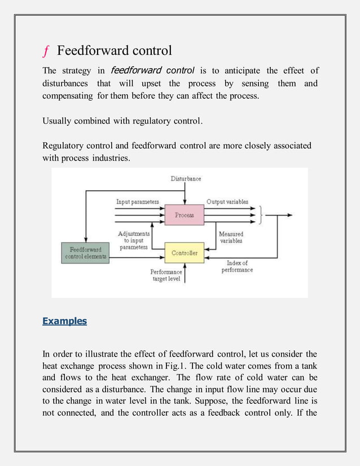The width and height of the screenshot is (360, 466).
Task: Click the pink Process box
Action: pyautogui.click(x=184, y=215)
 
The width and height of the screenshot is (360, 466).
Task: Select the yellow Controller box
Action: pyautogui.click(x=185, y=253)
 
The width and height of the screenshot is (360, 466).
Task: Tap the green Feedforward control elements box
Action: pyautogui.click(x=85, y=253)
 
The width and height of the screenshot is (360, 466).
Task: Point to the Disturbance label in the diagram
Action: pyautogui.click(x=186, y=179)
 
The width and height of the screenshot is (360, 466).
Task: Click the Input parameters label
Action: pyautogui.click(x=137, y=201)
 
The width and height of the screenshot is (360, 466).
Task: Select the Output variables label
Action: pyautogui.click(x=227, y=201)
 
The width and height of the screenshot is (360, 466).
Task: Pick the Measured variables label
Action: pyautogui.click(x=231, y=238)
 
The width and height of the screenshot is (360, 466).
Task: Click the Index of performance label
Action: pyautogui.click(x=237, y=266)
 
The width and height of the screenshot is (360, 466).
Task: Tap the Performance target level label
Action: pyautogui.click(x=166, y=275)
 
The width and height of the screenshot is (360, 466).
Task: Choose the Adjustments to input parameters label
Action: pyautogui.click(x=134, y=240)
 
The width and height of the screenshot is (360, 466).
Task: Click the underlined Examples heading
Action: pyautogui.click(x=64, y=321)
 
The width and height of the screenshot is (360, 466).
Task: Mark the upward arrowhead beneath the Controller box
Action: pyautogui.click(x=185, y=266)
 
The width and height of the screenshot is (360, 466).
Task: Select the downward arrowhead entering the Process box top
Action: pyautogui.click(x=185, y=204)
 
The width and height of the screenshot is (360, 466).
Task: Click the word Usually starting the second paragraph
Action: pyautogui.click(x=59, y=121)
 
